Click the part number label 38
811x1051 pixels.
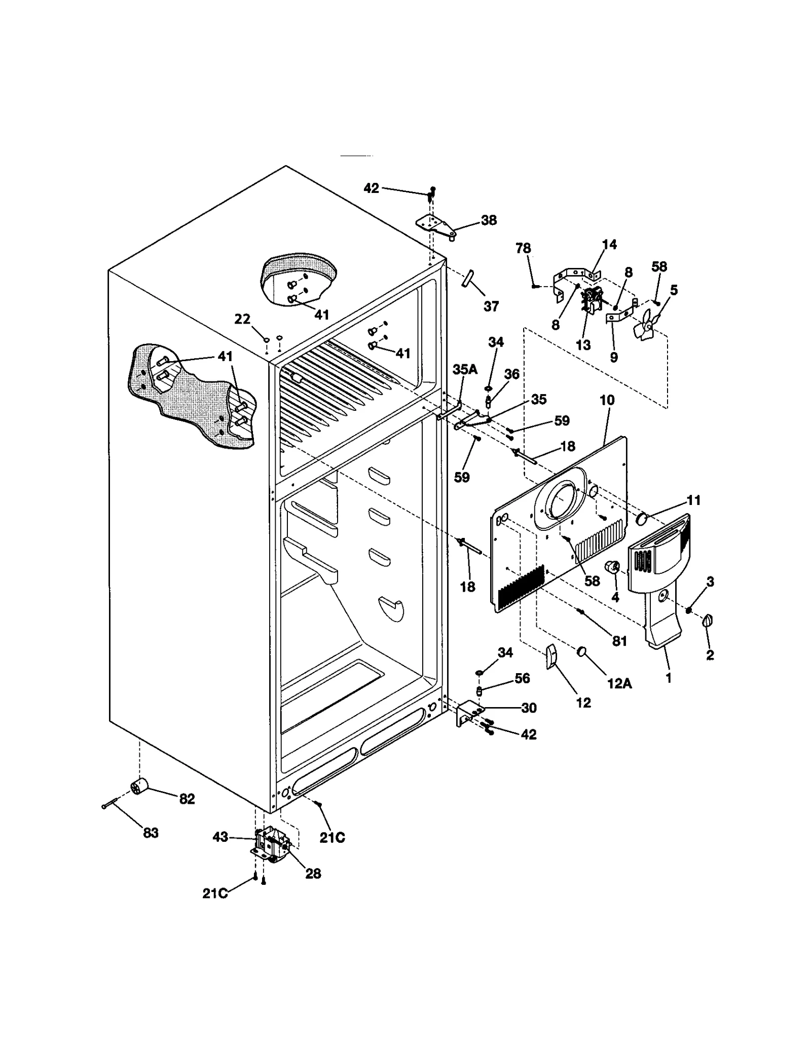pyautogui.click(x=489, y=220)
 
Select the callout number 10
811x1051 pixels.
pyautogui.click(x=607, y=400)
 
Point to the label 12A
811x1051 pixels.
pyautogui.click(x=619, y=683)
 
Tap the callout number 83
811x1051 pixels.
pyautogui.click(x=151, y=833)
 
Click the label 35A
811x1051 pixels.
pyautogui.click(x=465, y=369)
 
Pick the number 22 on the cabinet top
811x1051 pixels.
pyautogui.click(x=242, y=319)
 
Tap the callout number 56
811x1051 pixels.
pyautogui.click(x=522, y=678)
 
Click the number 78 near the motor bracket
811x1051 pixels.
pyautogui.click(x=523, y=248)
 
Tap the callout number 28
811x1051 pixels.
pyautogui.click(x=313, y=874)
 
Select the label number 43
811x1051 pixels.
pyautogui.click(x=220, y=837)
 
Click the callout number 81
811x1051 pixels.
pyautogui.click(x=619, y=641)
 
